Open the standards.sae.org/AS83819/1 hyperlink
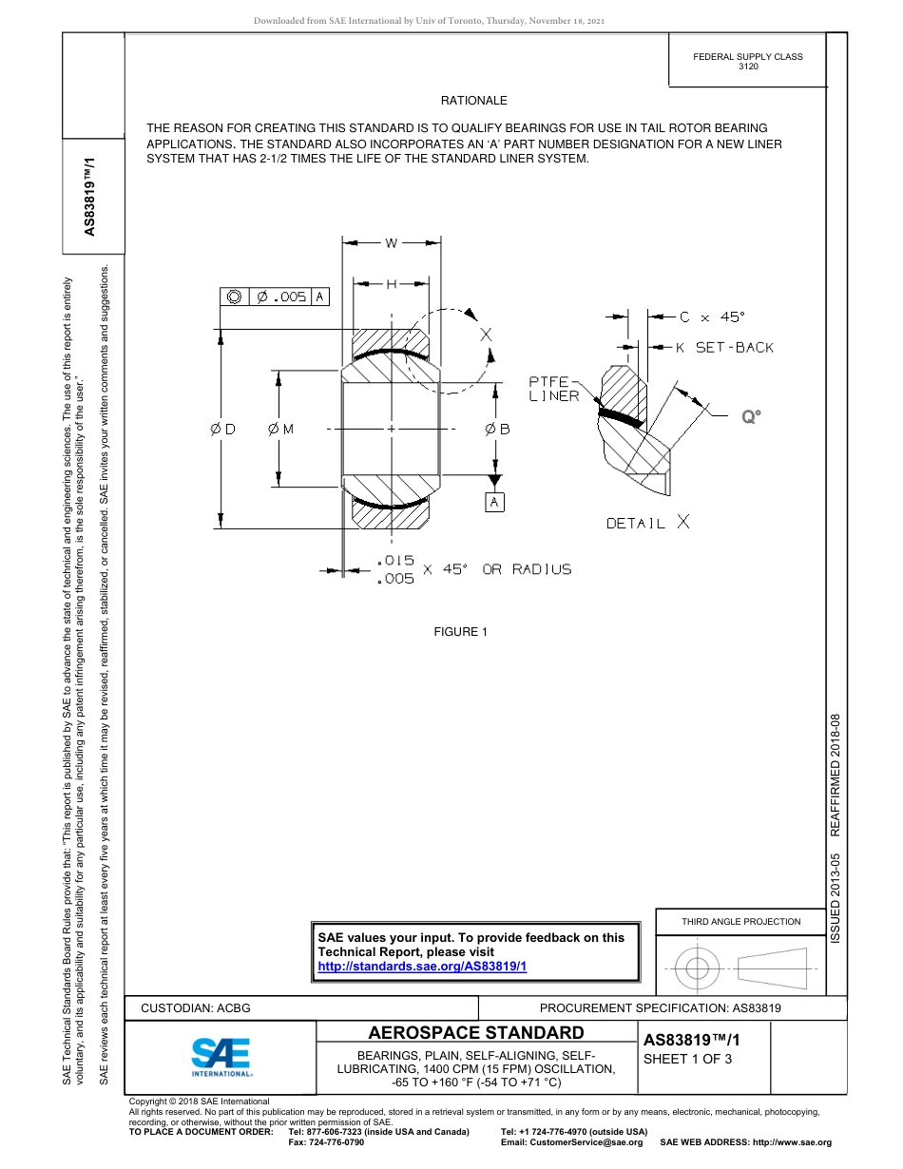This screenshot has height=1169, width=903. click(x=422, y=966)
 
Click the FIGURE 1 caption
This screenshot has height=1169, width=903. click(x=460, y=632)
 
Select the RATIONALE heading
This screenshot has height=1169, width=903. click(x=474, y=100)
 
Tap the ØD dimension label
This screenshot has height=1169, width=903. click(x=223, y=429)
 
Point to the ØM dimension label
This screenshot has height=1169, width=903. click(x=281, y=429)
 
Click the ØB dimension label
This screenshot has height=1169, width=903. click(x=497, y=429)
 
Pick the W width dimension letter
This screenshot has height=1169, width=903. click(x=392, y=243)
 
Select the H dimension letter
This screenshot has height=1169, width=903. click(x=392, y=283)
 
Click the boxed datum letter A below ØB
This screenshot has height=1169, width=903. click(x=494, y=502)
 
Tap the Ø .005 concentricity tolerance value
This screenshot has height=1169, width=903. click(x=282, y=297)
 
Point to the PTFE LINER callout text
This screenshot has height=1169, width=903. click(x=553, y=389)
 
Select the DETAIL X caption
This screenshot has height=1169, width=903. click(x=647, y=523)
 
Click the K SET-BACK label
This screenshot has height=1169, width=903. click(x=724, y=348)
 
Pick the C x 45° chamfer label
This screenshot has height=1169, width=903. click(x=712, y=317)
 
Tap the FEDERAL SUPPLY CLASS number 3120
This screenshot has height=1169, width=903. click(x=748, y=67)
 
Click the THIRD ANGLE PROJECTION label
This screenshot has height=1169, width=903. click(x=740, y=921)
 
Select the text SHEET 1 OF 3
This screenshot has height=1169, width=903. click(x=687, y=1060)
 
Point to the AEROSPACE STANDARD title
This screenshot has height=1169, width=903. click(x=476, y=1033)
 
